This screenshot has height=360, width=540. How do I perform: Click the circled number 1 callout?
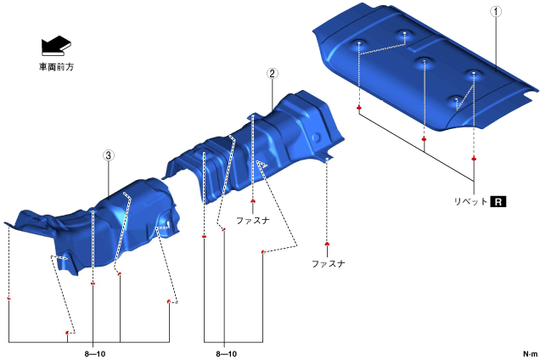496,11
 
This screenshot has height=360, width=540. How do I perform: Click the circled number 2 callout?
272,73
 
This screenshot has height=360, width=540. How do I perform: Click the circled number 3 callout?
109,155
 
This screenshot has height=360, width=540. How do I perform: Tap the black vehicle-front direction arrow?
56,46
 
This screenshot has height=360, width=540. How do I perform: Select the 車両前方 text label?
56,66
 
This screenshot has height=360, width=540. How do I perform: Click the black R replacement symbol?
498,201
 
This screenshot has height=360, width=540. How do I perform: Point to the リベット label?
470,201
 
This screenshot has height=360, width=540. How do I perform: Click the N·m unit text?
531,354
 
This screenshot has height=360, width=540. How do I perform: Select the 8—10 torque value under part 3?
95,354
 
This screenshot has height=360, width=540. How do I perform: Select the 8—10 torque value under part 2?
226,354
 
